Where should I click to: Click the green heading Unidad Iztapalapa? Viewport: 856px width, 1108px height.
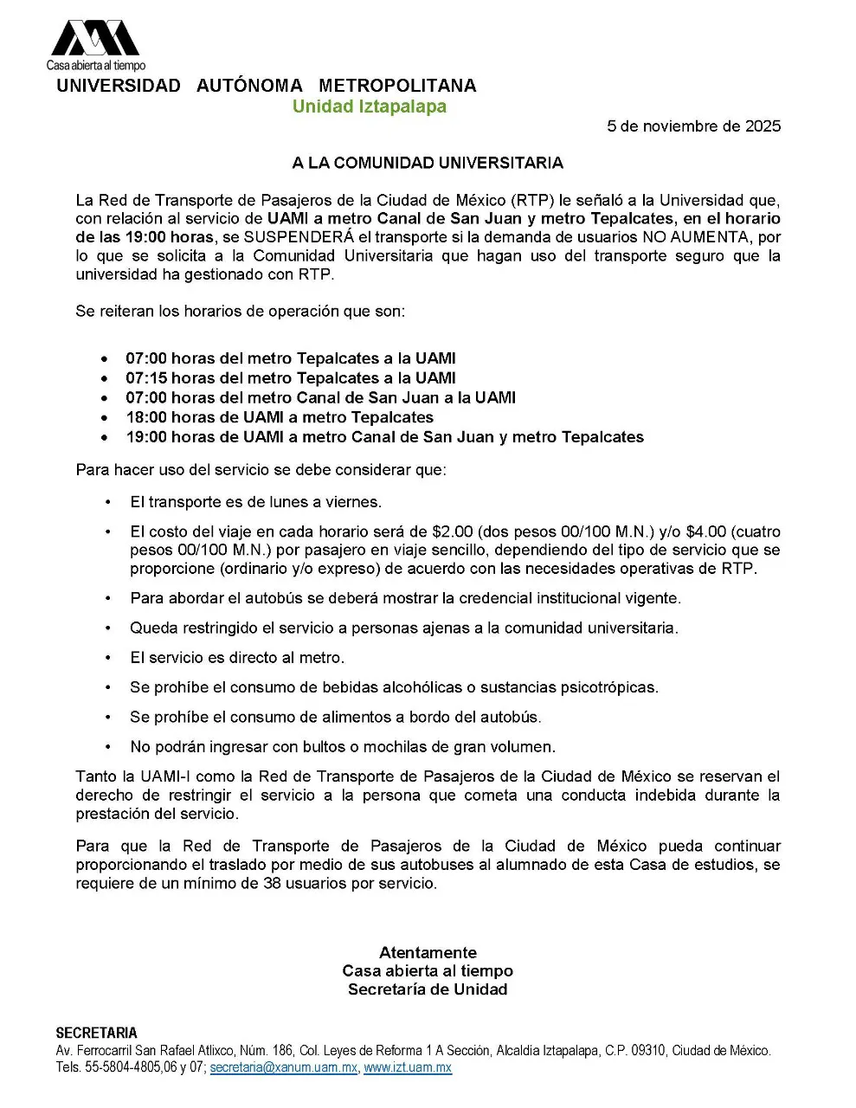click(369, 106)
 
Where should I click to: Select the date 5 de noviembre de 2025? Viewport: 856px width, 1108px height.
click(693, 126)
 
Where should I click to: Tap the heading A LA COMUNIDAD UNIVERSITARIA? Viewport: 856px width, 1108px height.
click(428, 163)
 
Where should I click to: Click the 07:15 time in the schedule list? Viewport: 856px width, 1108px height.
click(146, 378)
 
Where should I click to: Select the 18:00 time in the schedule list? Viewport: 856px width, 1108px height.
click(146, 417)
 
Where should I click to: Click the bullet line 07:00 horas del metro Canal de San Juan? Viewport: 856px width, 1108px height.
click(320, 398)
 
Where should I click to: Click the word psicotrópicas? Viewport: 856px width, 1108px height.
click(609, 687)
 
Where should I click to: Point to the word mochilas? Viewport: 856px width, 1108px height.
click(394, 747)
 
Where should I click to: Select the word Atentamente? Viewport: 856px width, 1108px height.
click(428, 952)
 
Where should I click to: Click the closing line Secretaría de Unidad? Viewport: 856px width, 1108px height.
click(428, 989)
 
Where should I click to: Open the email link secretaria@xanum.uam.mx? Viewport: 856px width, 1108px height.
click(283, 1068)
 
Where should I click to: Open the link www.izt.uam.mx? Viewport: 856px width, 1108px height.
click(408, 1068)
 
